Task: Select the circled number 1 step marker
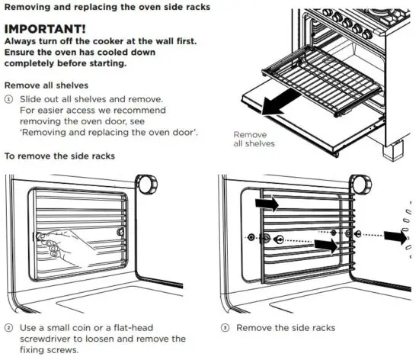pyautogui.click(x=9, y=100)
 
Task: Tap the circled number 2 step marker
pyautogui.click(x=9, y=327)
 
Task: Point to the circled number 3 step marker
pyautogui.click(x=225, y=327)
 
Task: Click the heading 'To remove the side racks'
pyautogui.click(x=59, y=156)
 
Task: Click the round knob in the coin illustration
pyautogui.click(x=145, y=185)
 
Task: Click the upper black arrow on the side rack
pyautogui.click(x=267, y=204)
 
